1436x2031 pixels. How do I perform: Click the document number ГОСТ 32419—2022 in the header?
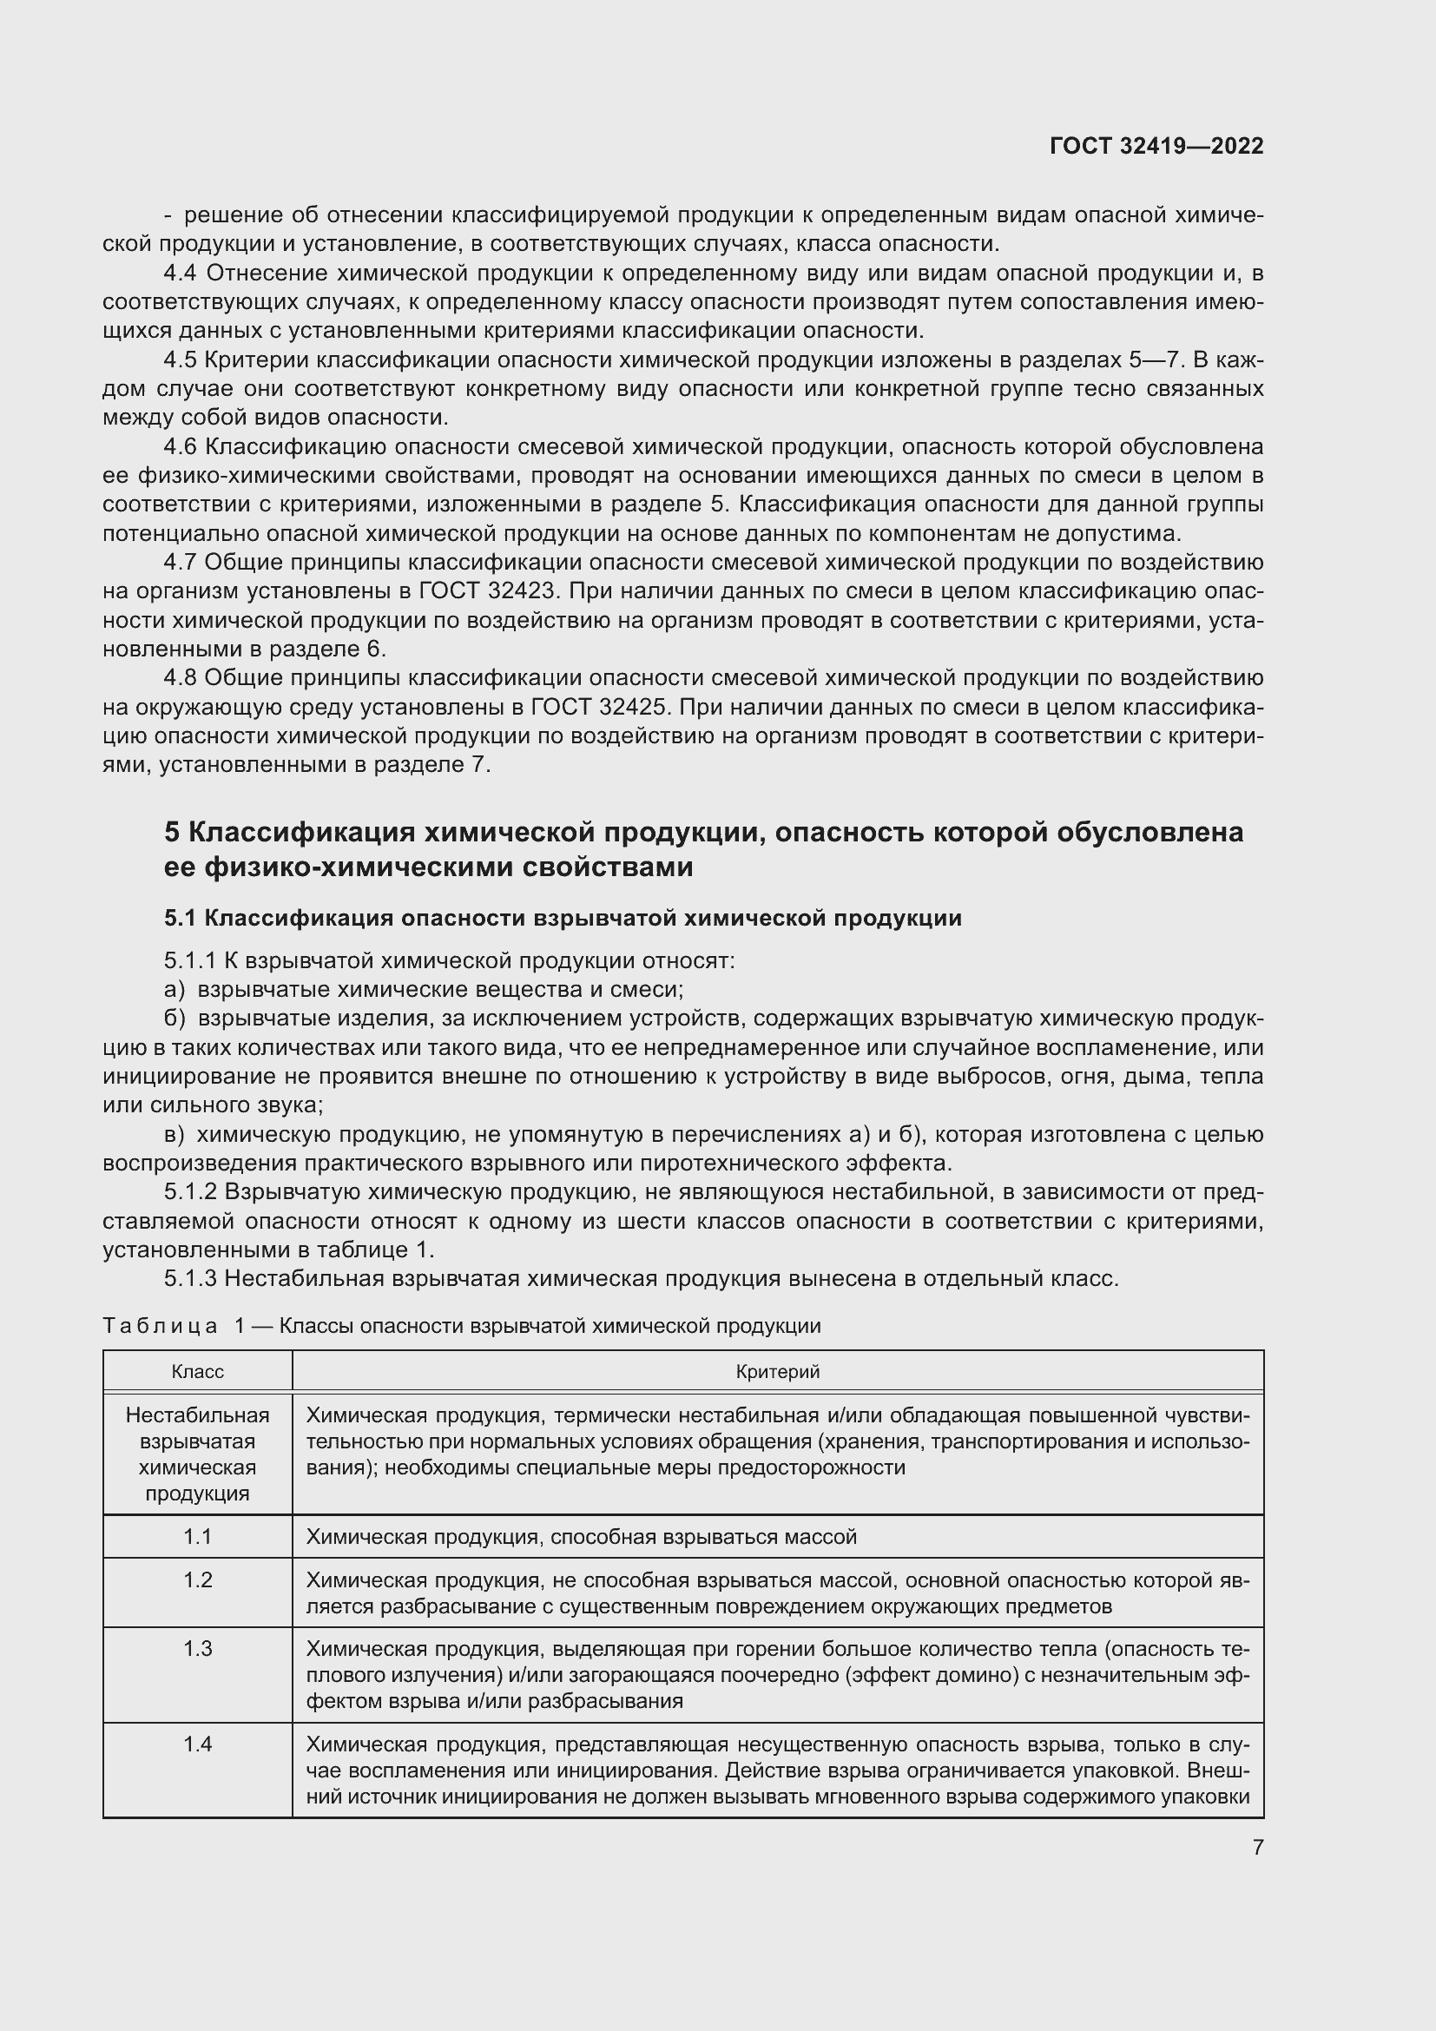coord(1156,146)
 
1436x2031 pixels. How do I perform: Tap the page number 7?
coord(1257,1847)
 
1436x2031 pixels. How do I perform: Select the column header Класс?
coord(197,1371)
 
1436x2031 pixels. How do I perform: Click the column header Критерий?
coord(777,1371)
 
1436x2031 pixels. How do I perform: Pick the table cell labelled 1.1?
coord(197,1537)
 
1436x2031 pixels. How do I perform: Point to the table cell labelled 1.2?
coord(197,1579)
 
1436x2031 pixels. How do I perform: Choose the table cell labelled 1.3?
coord(197,1649)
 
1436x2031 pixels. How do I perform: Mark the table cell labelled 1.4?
coord(197,1744)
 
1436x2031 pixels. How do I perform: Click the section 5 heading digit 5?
coord(173,833)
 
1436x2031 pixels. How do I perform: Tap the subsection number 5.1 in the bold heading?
coord(181,918)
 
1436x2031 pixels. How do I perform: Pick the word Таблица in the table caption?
coord(160,1326)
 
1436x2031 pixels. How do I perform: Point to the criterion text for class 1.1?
coord(581,1537)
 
